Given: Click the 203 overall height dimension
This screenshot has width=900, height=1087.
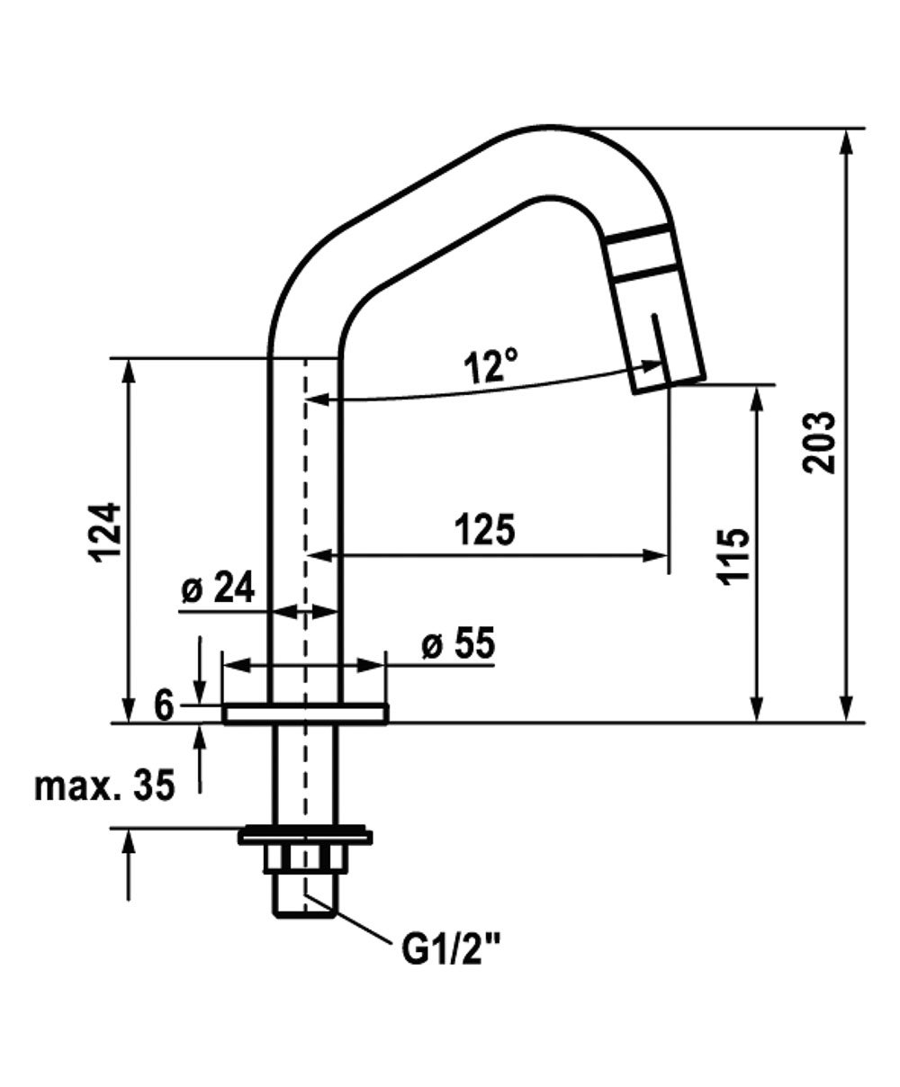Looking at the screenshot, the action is (819, 443).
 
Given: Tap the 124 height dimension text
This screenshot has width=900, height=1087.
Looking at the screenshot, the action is (107, 533).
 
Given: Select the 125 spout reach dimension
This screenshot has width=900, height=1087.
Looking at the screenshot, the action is (485, 529).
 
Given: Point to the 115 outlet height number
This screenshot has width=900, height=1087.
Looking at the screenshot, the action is (733, 558).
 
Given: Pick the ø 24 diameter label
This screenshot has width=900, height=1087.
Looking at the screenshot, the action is (219, 588).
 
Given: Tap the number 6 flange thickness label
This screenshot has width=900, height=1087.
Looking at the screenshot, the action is (164, 706).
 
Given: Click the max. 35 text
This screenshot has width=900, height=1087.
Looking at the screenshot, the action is (104, 786).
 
